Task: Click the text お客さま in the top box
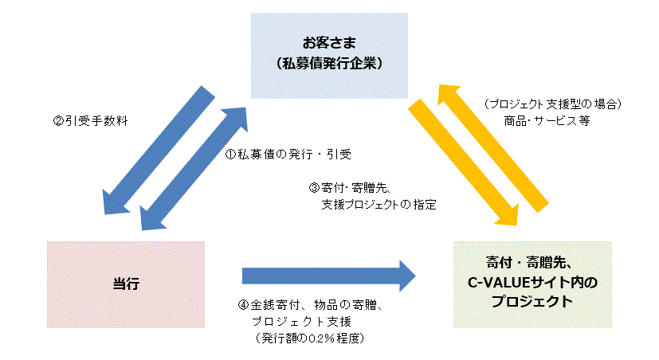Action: (x=329, y=41)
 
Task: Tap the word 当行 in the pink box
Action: (x=127, y=284)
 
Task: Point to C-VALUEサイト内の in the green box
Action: (x=532, y=283)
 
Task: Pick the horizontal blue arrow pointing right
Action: (x=328, y=276)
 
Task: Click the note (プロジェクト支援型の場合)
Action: (x=551, y=104)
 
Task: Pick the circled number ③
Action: (x=313, y=189)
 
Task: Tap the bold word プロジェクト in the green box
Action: (x=532, y=302)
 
